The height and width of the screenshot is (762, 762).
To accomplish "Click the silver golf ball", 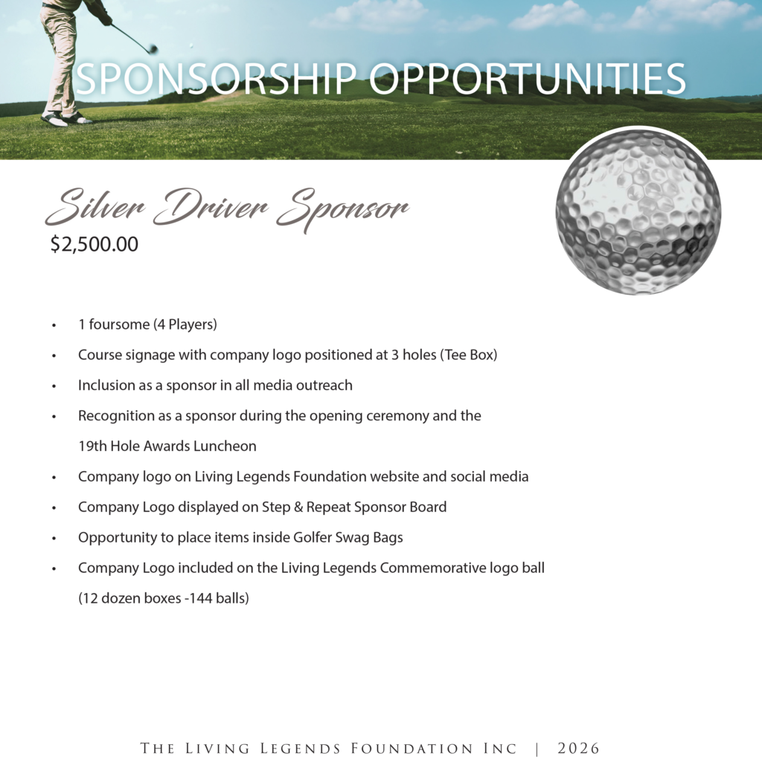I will click(x=638, y=211).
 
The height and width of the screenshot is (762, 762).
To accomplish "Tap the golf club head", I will click(x=153, y=49).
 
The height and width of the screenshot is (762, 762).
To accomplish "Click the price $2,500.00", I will click(x=95, y=244).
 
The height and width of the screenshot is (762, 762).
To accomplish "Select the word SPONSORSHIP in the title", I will click(x=216, y=80).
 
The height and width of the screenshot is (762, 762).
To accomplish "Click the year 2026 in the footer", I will click(x=578, y=749).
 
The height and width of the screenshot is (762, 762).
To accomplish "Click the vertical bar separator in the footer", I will click(x=537, y=749).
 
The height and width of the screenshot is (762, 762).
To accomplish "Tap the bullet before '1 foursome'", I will click(x=54, y=326).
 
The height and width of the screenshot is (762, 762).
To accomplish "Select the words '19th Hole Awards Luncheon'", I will click(x=167, y=446).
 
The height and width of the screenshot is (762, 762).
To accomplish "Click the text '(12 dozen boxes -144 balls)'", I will click(x=163, y=598).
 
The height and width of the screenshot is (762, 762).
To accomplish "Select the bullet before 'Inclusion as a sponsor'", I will click(x=54, y=386).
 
